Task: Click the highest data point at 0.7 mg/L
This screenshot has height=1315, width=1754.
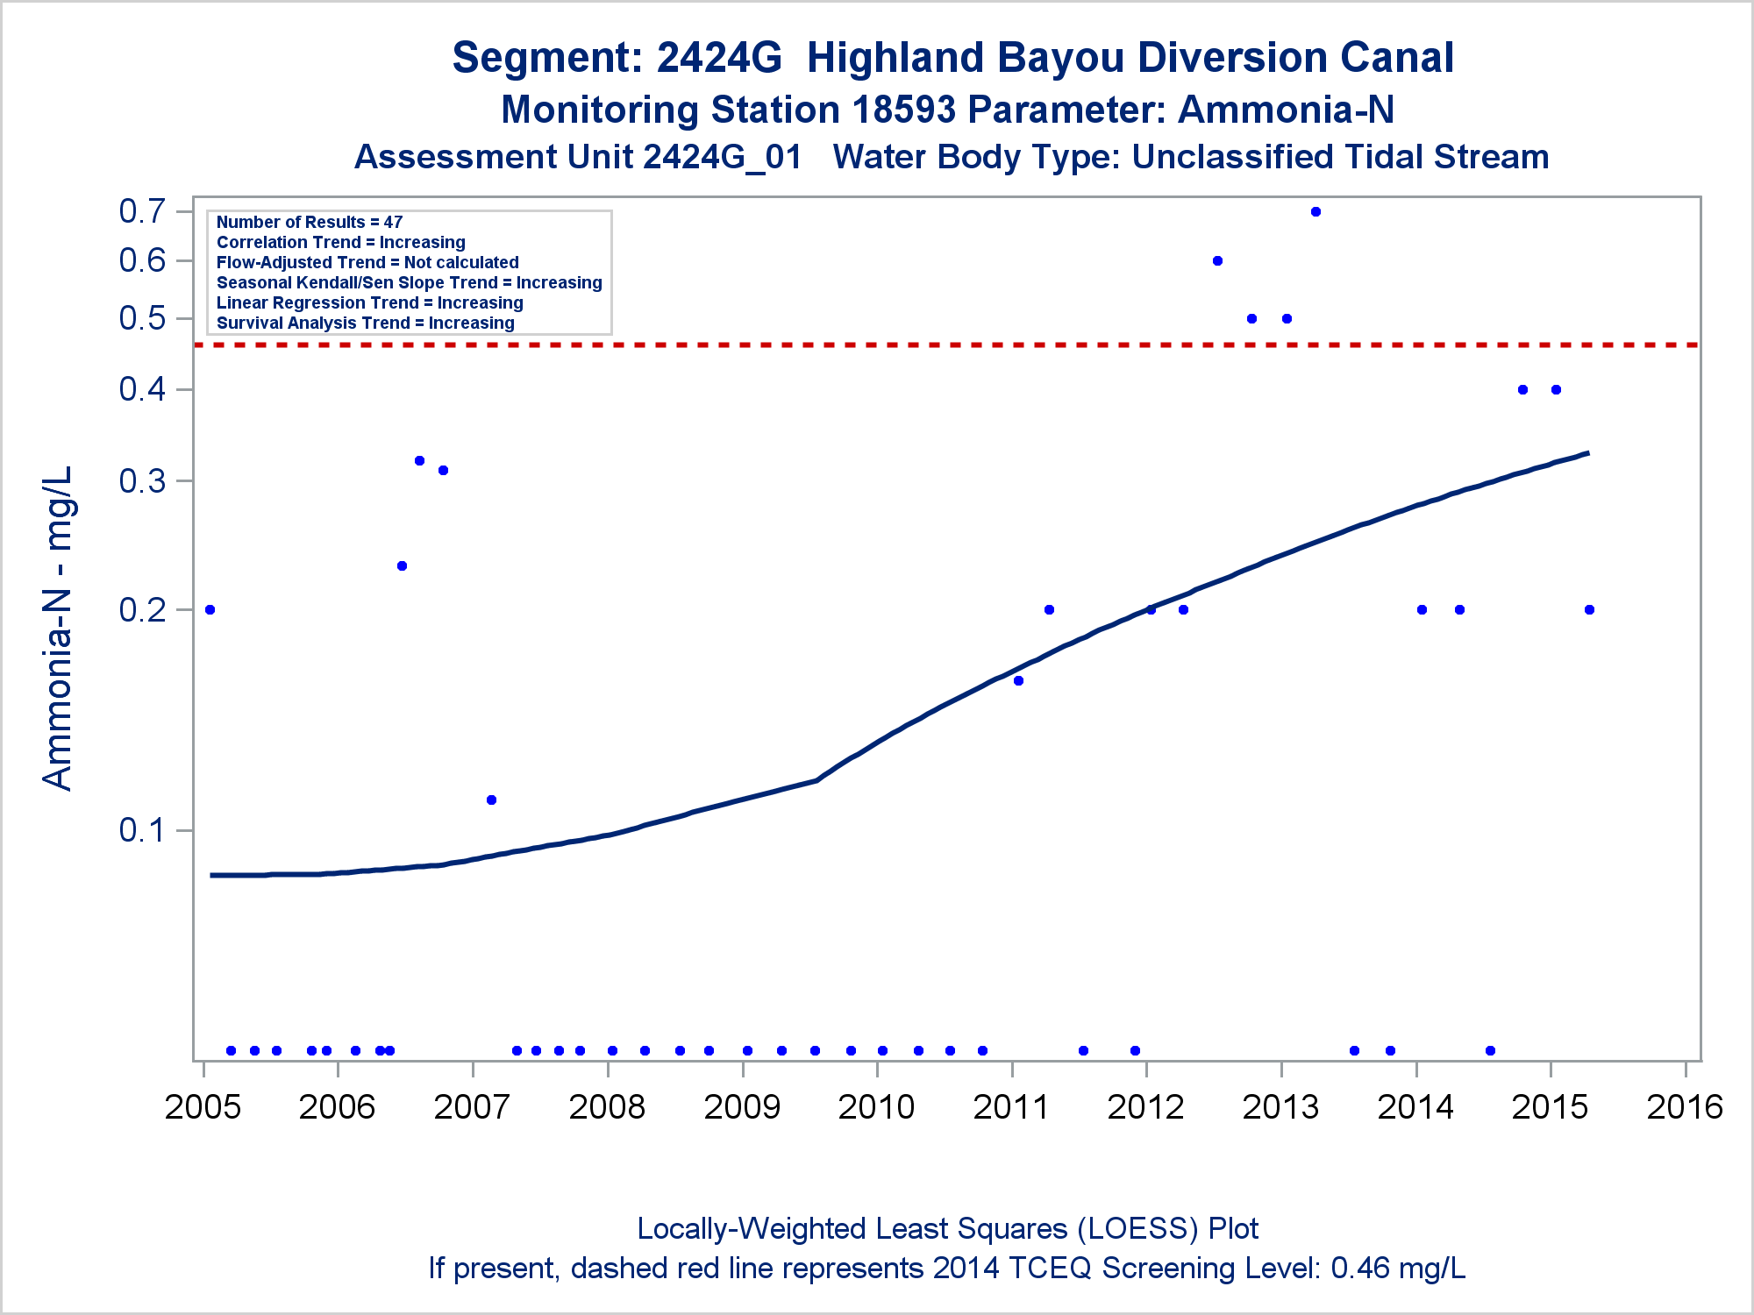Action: (x=1315, y=212)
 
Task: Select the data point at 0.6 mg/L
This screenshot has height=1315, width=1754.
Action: (x=1217, y=261)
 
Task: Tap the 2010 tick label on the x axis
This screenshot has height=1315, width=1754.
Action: (x=876, y=1107)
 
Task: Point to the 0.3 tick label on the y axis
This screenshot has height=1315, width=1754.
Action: (x=142, y=480)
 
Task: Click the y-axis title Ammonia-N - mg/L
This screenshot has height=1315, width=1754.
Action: (x=58, y=628)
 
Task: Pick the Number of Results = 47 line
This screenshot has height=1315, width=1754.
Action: (x=310, y=223)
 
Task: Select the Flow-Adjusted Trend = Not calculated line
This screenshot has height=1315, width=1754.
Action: (x=367, y=263)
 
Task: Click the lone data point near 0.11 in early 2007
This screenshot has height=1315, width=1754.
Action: (x=491, y=800)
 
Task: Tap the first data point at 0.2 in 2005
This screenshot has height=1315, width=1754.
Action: (x=210, y=610)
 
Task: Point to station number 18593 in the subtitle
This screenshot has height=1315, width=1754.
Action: (x=903, y=110)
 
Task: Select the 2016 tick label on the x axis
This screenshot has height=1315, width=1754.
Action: (x=1685, y=1107)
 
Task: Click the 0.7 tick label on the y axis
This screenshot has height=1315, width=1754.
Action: (x=142, y=211)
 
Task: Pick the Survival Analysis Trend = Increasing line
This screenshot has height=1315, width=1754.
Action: (x=366, y=323)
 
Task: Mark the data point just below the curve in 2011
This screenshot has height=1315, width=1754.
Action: (x=1018, y=681)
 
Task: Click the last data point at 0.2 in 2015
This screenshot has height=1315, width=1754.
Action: (x=1589, y=610)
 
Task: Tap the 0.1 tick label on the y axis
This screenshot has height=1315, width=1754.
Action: (x=142, y=829)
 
